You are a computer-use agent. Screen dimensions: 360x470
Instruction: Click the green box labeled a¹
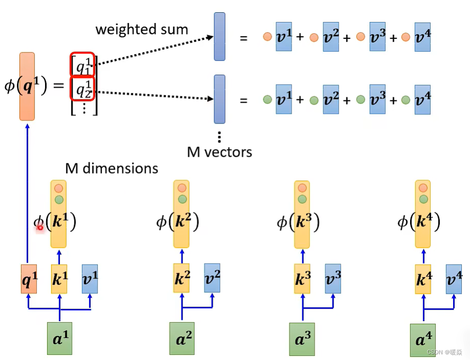click(x=59, y=338)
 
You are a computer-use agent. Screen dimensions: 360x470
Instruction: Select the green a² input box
click(x=182, y=338)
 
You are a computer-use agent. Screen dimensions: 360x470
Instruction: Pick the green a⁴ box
click(x=423, y=340)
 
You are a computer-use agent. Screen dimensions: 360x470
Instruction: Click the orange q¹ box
click(x=29, y=279)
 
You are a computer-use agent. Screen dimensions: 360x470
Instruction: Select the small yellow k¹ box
click(x=59, y=279)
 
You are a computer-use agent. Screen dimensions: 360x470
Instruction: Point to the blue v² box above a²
click(x=212, y=278)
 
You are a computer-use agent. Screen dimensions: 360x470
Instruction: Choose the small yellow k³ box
click(x=302, y=279)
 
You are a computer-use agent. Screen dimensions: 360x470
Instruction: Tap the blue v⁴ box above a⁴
click(x=454, y=279)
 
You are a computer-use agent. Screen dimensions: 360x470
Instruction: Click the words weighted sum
click(x=141, y=29)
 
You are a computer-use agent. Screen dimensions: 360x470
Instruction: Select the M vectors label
click(x=219, y=152)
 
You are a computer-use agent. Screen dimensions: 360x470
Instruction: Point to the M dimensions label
click(x=112, y=168)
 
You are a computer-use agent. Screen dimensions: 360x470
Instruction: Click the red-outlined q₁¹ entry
click(x=82, y=65)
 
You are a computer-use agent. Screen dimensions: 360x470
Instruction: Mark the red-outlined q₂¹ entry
click(x=82, y=89)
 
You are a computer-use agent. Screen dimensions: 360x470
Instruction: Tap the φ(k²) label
click(x=177, y=221)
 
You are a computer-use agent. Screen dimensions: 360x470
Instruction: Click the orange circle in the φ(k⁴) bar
click(x=423, y=188)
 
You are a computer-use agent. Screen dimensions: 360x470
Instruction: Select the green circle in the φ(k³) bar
click(x=302, y=199)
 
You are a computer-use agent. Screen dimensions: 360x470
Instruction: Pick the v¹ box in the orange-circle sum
click(x=283, y=36)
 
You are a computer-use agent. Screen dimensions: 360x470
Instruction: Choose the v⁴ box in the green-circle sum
click(x=422, y=99)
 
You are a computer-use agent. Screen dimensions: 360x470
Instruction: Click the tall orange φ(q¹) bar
click(x=27, y=86)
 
